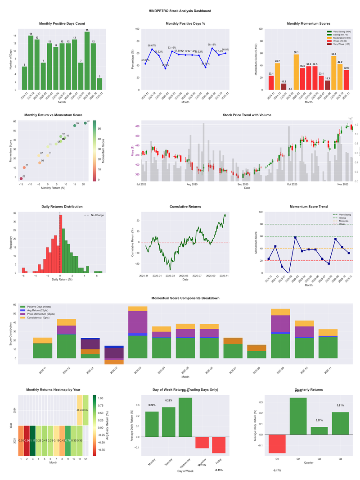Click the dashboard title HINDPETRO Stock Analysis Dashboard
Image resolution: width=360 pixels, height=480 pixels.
point(180,10)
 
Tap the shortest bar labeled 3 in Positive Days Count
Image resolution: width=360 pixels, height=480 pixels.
point(99,84)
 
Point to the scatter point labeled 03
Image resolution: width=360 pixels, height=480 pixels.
point(85,123)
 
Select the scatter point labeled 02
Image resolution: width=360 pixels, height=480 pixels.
point(21,179)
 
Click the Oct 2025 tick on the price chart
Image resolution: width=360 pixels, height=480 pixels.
point(292,184)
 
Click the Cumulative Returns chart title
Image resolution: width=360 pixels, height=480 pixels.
point(185,207)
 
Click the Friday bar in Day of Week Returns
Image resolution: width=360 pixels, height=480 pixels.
point(219,445)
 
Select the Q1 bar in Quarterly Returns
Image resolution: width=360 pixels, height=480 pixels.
point(277,444)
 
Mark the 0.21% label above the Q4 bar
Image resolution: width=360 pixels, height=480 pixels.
point(340,405)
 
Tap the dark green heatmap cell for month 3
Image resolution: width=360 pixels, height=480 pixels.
point(33,440)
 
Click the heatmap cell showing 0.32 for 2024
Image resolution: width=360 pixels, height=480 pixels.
point(85,410)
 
